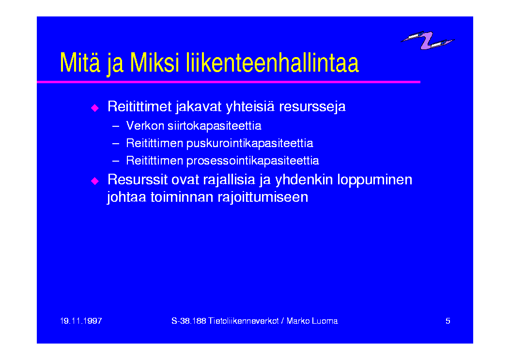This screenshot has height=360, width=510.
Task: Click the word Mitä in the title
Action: coord(80,62)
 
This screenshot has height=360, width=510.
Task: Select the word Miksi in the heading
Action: coord(155,62)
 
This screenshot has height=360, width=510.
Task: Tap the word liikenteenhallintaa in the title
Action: coord(273,62)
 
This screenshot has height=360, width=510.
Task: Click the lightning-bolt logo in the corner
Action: coord(427,40)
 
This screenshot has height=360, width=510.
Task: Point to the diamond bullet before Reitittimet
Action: coord(95,107)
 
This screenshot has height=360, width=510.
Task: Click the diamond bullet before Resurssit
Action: coord(95,180)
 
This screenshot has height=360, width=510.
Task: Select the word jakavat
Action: coord(199,107)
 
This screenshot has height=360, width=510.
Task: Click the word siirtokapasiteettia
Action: coord(215,126)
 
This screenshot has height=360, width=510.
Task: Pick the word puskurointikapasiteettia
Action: coord(250,143)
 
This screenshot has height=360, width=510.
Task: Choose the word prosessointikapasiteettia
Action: coord(253,161)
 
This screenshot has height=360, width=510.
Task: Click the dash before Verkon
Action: coord(116,126)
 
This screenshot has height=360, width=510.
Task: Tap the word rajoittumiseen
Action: coord(263,197)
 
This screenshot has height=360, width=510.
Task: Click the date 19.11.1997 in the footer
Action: coord(81,321)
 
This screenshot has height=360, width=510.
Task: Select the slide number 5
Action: coord(448,321)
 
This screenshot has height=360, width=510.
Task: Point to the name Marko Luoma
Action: coord(312,321)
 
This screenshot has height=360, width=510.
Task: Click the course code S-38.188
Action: coord(189,321)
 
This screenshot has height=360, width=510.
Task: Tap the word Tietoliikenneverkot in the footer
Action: coord(244,321)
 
